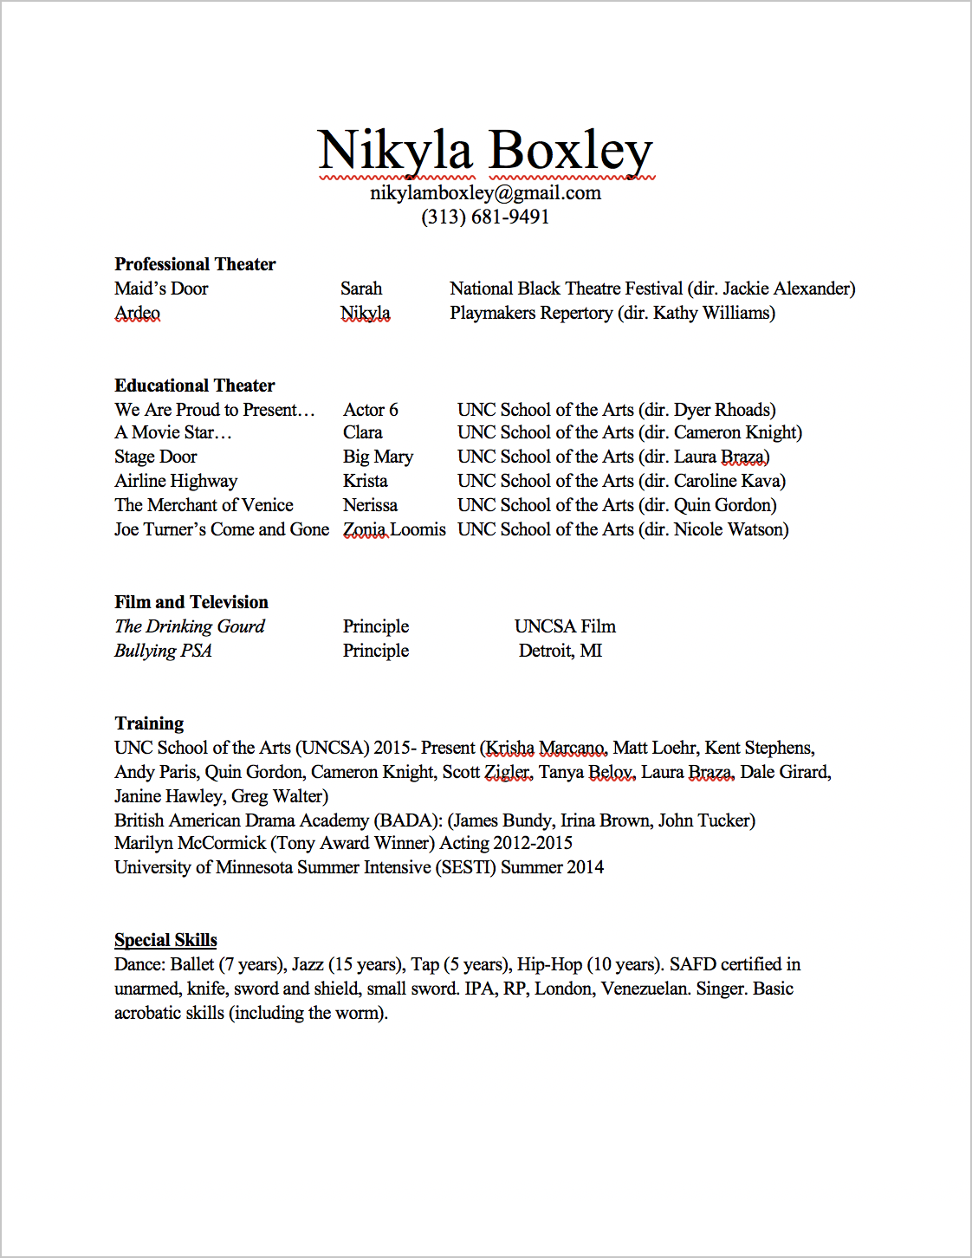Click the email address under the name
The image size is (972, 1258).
(x=485, y=192)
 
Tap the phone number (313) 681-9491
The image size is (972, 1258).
(x=485, y=217)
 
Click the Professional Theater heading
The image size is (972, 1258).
(x=195, y=264)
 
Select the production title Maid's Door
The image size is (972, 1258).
(x=161, y=289)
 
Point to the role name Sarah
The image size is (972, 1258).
(x=361, y=289)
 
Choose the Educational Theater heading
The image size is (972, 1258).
(x=195, y=386)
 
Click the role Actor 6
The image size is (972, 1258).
(x=371, y=410)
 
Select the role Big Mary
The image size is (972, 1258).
(x=378, y=457)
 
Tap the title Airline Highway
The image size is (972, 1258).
(x=176, y=481)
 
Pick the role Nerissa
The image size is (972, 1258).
(x=370, y=505)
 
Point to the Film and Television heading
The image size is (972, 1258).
(x=191, y=602)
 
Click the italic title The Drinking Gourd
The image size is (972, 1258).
(x=190, y=626)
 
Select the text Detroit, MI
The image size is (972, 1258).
(x=561, y=651)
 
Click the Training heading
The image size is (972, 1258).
(x=149, y=723)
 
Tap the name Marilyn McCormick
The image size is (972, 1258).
(x=190, y=843)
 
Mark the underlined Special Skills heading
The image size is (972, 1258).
(x=165, y=940)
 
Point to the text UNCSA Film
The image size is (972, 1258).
(x=565, y=626)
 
